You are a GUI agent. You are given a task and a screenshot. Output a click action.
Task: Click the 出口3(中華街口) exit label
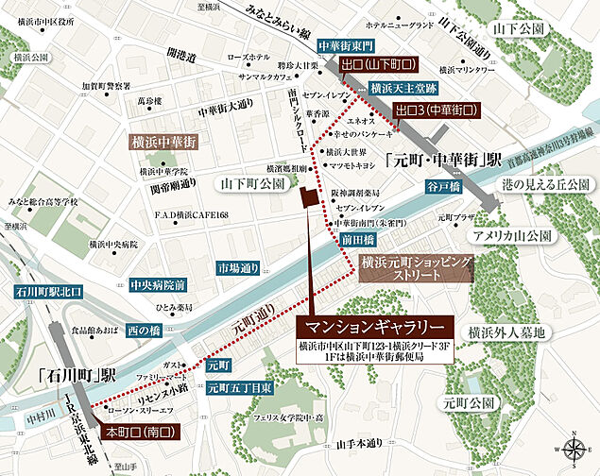[x=436, y=110]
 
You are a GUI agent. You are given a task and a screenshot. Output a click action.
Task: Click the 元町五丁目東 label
[x=241, y=386]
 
